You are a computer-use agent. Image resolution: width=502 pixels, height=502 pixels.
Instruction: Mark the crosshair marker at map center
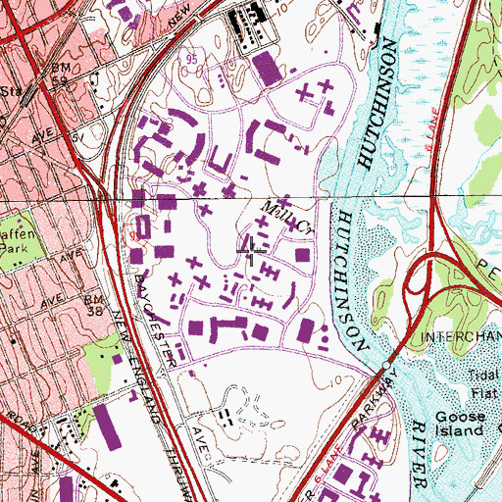coord(252,252)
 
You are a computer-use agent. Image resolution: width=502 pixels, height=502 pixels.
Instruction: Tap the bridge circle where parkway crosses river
coord(389,368)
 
